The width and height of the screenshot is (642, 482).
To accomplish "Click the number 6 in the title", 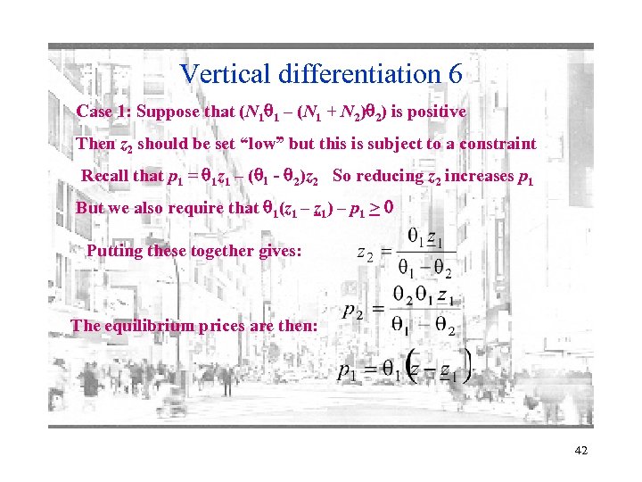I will point(455,73).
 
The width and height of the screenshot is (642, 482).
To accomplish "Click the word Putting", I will point(113,251).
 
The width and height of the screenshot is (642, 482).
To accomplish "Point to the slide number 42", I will point(581,453).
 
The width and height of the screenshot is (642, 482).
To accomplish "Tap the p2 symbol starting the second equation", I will point(353,312).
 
